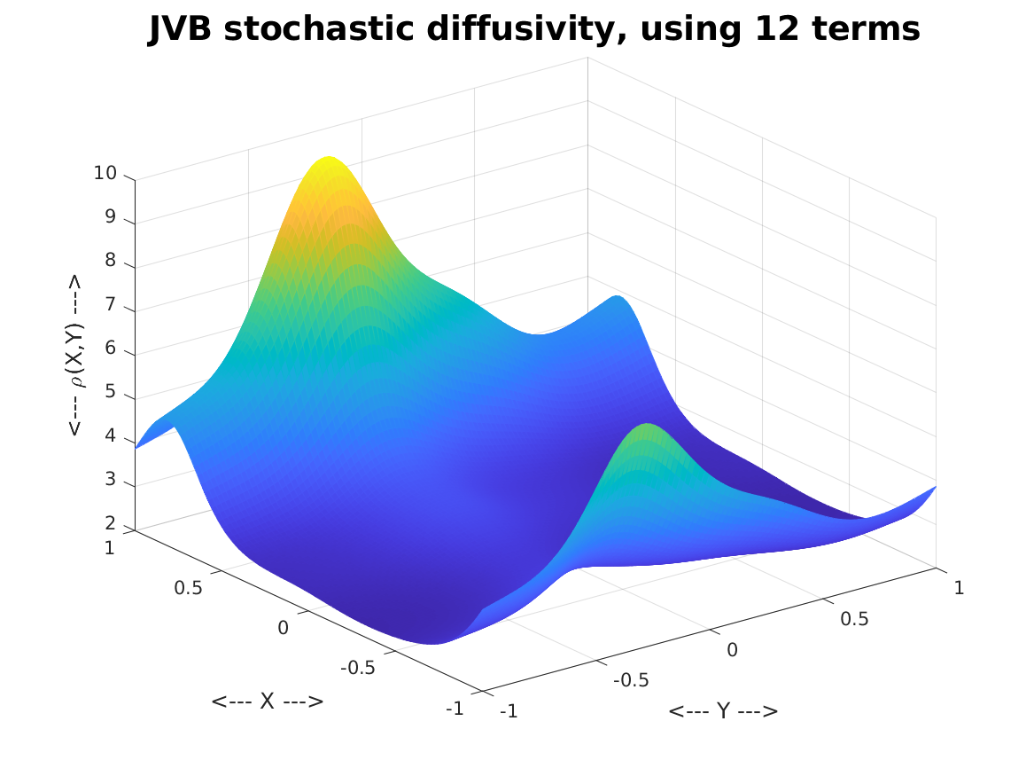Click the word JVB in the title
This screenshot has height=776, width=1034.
click(180, 29)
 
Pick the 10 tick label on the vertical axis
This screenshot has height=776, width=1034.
click(105, 174)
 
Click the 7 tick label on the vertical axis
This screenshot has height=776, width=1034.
click(110, 305)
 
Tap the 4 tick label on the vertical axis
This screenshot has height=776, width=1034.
click(110, 435)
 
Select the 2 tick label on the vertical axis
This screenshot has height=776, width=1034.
click(110, 523)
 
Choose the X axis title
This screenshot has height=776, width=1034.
click(267, 701)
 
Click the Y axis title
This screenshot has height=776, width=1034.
click(723, 710)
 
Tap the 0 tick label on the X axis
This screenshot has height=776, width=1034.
click(283, 628)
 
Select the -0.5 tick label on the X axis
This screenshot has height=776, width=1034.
click(357, 668)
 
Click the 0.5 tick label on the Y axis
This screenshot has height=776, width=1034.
click(855, 619)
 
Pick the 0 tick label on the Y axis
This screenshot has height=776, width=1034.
click(732, 650)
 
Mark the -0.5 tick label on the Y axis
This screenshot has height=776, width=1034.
click(631, 679)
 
